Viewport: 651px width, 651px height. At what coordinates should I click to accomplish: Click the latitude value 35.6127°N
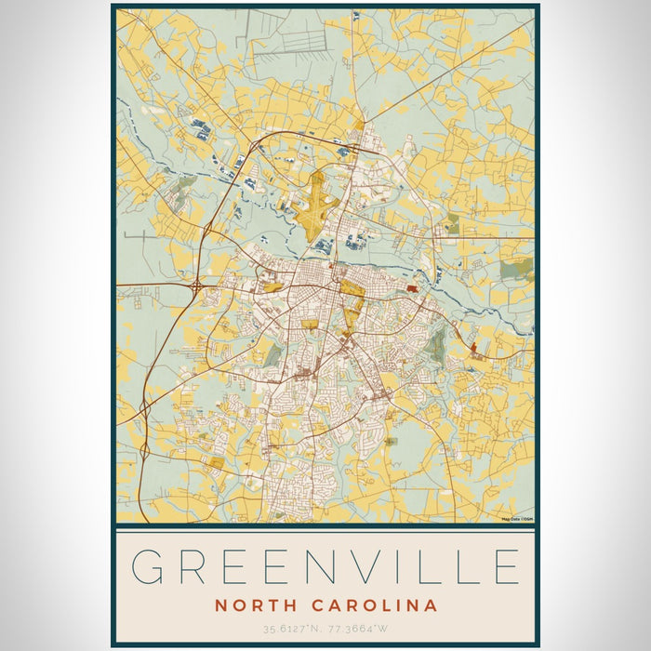tap(289, 630)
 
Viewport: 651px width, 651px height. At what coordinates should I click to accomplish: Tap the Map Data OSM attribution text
tap(517, 519)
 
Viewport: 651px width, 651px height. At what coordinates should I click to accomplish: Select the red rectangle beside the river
tap(412, 289)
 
